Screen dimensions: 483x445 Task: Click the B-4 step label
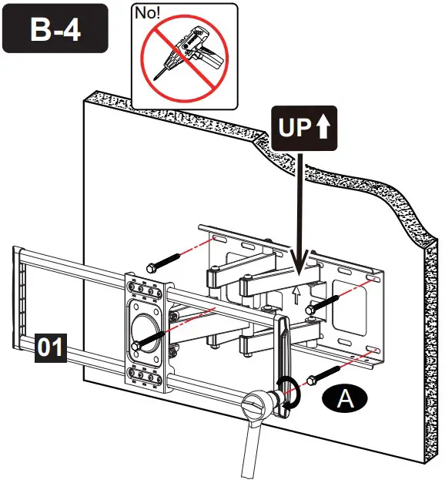click(55, 29)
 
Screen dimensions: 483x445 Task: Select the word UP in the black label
click(292, 128)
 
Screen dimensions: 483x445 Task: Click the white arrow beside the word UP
click(323, 128)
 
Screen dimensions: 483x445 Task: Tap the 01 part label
click(50, 348)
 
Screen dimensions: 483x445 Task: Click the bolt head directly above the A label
click(312, 379)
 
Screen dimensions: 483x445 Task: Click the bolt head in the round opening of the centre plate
click(138, 347)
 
